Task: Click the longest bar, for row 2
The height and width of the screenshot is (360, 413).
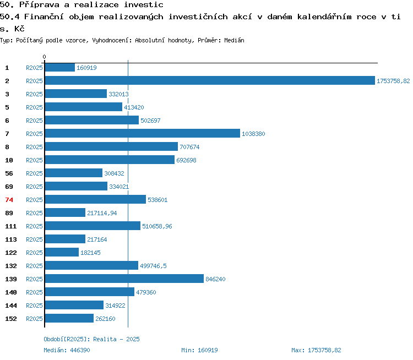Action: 210,80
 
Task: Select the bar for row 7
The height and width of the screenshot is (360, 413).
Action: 143,133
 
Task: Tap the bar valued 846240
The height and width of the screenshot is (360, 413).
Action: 124,279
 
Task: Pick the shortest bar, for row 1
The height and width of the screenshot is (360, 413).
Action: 60,67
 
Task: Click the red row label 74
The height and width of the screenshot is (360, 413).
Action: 9,200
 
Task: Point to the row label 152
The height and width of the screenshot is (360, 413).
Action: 11,319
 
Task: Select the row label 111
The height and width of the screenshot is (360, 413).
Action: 11,226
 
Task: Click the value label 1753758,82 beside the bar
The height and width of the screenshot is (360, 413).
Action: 393,81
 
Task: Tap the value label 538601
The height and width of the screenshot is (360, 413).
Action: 157,200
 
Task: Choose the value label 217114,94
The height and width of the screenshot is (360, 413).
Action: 102,213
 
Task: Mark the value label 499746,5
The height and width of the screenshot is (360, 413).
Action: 153,266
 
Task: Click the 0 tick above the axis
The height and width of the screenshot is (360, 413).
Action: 44,57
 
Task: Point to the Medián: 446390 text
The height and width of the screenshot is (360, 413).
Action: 67,350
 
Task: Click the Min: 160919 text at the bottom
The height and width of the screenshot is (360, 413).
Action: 199,350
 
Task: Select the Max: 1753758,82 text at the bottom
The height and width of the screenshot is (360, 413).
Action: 316,350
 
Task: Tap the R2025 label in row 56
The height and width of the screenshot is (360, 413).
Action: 34,173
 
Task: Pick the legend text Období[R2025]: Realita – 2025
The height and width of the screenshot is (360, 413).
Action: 91,339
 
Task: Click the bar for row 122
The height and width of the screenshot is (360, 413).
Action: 62,252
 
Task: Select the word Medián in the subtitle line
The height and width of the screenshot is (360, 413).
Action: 234,40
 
